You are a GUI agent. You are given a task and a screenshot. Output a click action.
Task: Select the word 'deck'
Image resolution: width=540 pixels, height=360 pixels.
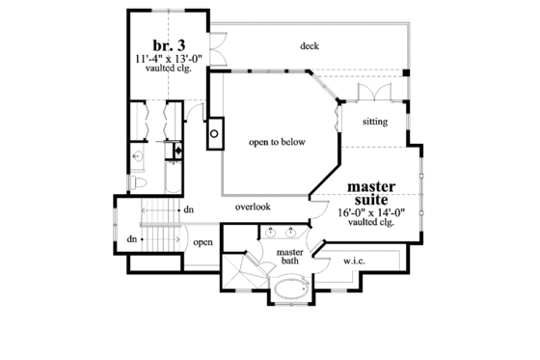(309, 45)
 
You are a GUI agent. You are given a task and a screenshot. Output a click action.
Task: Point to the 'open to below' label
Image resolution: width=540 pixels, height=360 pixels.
(277, 142)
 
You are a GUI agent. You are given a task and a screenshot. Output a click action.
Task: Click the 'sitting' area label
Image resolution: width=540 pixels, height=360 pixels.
(375, 122)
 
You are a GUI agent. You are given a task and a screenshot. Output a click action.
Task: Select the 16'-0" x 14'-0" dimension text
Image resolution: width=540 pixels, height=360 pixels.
(371, 211)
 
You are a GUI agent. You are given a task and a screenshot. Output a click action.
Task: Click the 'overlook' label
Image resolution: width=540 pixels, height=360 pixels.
(252, 207)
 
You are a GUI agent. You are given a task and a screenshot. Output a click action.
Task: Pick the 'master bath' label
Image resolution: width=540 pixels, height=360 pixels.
(290, 257)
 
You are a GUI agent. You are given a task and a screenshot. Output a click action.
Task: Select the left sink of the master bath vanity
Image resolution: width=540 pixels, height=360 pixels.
(270, 232)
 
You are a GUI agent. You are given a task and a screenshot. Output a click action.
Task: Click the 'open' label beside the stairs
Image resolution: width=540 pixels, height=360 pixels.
(202, 242)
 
